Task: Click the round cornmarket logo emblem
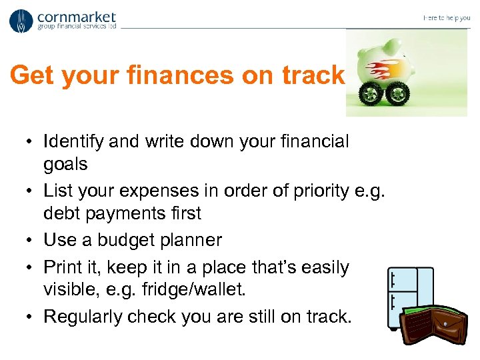point(21,21)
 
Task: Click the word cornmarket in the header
point(77,17)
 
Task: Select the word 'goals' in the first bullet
point(65,164)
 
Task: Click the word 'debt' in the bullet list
point(60,213)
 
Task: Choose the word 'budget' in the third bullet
point(139,239)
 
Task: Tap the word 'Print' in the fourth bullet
point(61,267)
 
